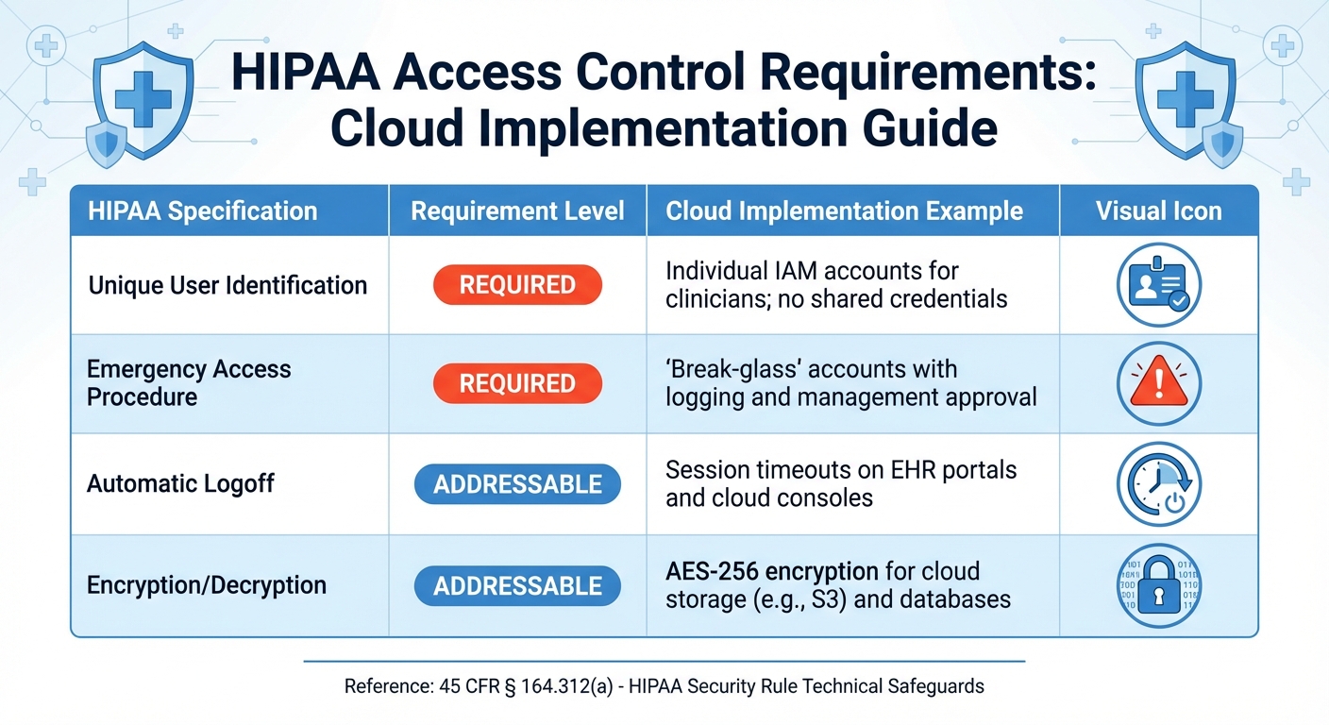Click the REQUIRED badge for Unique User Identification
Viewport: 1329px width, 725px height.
click(x=517, y=285)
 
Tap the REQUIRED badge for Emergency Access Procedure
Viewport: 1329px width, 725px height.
click(x=517, y=383)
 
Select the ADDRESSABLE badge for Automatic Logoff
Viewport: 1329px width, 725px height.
click(x=517, y=484)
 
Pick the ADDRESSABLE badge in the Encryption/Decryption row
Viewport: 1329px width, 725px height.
click(x=517, y=586)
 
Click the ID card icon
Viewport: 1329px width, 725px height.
click(x=1158, y=285)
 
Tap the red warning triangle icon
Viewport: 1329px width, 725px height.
click(x=1158, y=383)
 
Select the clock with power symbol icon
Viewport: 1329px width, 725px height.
click(x=1158, y=484)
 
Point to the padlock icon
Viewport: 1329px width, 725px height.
click(x=1158, y=586)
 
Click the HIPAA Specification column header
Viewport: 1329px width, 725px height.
click(x=202, y=211)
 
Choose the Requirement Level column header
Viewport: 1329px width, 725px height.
click(x=517, y=211)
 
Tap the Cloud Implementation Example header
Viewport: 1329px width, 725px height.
click(x=844, y=211)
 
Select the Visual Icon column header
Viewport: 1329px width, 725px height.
click(x=1158, y=211)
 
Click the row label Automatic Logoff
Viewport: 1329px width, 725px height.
click(x=180, y=484)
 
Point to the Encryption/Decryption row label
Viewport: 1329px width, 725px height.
click(x=207, y=585)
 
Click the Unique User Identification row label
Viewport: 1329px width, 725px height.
click(x=227, y=285)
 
